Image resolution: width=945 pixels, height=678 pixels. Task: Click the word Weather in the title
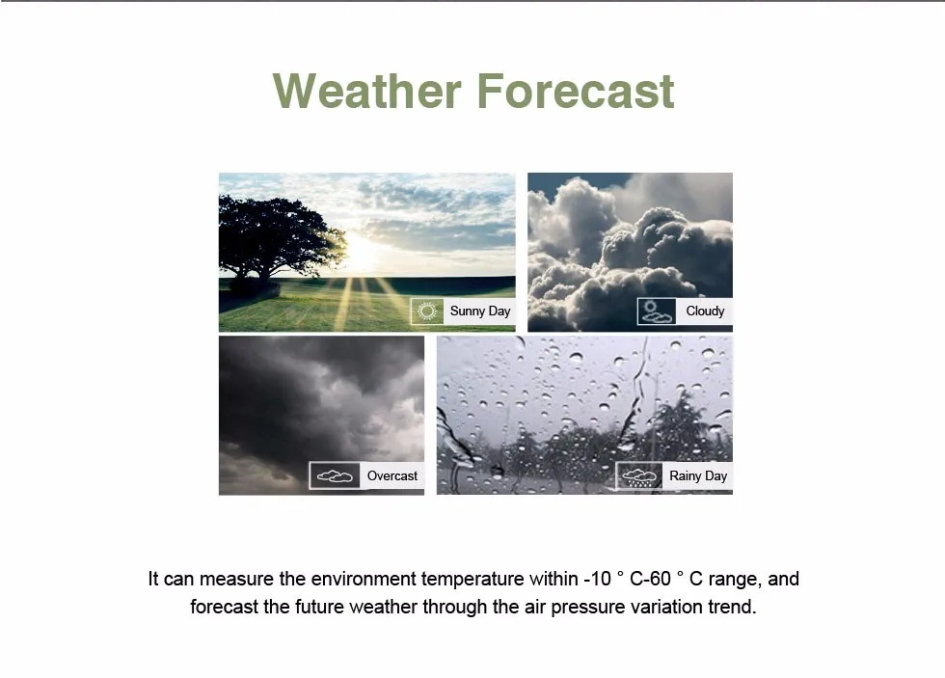[367, 91]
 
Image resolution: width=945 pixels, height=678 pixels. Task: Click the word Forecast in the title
[576, 91]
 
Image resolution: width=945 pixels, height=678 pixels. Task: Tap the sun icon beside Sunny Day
[427, 311]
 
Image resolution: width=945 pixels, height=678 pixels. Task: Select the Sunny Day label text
[480, 311]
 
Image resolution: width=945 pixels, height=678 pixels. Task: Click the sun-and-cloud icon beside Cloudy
[657, 311]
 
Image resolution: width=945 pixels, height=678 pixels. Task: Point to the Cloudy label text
[705, 311]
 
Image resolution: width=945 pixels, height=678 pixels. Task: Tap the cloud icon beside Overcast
[335, 476]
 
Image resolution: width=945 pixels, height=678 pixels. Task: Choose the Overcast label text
[392, 475]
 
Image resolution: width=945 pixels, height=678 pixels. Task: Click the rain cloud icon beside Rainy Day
[639, 476]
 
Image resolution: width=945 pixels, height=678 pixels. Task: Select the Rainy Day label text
[698, 475]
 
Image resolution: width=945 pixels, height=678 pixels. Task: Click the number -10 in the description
[597, 579]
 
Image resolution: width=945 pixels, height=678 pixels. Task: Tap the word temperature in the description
[472, 580]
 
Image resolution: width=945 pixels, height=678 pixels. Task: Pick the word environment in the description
[364, 580]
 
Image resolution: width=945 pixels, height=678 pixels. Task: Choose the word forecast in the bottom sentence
[224, 607]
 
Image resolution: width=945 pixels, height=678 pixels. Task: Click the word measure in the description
[236, 580]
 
